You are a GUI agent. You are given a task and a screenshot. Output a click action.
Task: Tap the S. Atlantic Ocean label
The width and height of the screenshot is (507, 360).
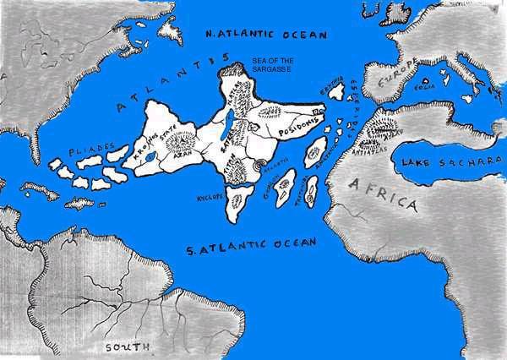click(252, 244)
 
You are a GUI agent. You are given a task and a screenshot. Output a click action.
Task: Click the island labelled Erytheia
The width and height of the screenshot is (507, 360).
click(336, 90)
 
